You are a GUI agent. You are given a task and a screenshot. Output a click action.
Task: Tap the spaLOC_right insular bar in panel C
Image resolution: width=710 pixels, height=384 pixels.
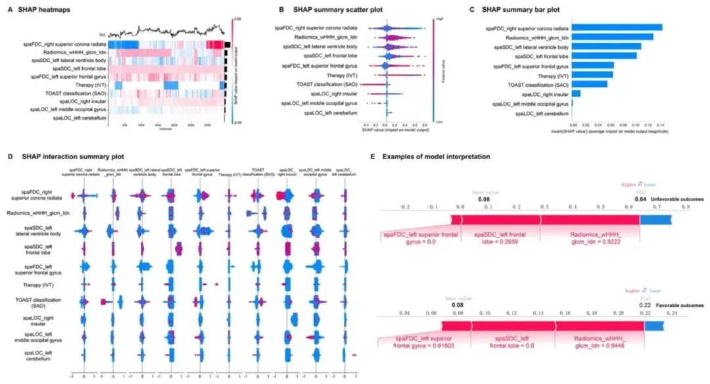[x=576, y=93]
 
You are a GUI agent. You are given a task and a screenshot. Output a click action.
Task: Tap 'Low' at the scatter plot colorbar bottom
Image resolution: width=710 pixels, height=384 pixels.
[x=437, y=121]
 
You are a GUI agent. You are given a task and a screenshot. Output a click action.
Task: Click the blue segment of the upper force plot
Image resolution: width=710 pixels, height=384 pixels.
[x=655, y=220]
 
